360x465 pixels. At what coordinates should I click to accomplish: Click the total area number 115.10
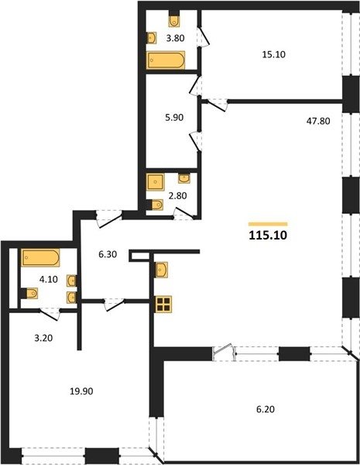coord(268,235)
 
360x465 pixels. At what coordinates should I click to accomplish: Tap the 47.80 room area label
coord(317,121)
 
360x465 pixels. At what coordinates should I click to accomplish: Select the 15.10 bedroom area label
coord(274,54)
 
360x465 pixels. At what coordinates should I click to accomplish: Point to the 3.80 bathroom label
coord(175,38)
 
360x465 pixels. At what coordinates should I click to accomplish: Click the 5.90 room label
coord(174,118)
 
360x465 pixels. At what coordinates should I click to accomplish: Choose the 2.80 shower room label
coord(177,196)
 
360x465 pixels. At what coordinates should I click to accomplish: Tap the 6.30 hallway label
coord(108,254)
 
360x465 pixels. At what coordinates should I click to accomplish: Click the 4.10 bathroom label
coord(49,279)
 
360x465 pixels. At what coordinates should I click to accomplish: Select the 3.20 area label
coord(43,338)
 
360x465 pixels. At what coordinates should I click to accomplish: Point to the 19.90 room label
coord(81,391)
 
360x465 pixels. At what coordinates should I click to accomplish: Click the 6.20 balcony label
coord(266,409)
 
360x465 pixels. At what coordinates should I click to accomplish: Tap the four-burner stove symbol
coord(163,305)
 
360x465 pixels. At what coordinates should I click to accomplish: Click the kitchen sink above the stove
coord(162,270)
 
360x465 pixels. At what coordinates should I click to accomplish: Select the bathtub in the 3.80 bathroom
coord(166,60)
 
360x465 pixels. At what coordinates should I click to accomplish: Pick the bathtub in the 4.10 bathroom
coord(40,258)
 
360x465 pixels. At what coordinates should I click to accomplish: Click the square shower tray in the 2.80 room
coord(155,182)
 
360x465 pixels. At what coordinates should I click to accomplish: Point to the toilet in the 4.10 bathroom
coord(29,294)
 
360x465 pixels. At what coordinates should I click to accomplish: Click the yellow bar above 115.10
coord(268,224)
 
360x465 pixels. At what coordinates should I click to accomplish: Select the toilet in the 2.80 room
coord(155,205)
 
